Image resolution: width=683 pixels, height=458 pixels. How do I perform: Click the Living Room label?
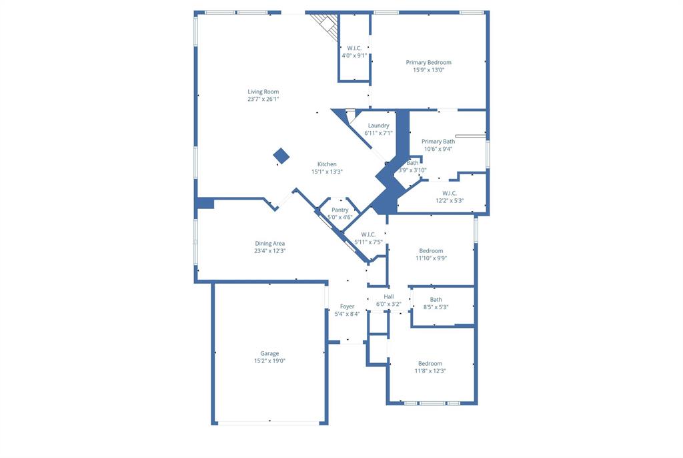pos(263,91)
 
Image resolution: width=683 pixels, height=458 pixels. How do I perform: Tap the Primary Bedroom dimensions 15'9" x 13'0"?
pos(428,69)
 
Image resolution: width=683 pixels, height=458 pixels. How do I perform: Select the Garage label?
pos(269,353)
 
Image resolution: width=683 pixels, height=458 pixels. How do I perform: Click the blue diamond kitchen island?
pos(281,156)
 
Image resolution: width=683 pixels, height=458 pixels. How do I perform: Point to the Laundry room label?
pos(378,126)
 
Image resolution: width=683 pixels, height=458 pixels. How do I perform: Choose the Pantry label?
pos(340,210)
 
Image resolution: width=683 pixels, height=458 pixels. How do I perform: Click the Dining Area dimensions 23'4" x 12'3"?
pos(269,251)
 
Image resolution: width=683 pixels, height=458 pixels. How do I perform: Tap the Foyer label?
pos(347,306)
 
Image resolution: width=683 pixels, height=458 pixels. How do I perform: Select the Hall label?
pos(389,296)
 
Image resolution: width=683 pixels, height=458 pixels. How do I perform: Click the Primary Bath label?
pos(438,142)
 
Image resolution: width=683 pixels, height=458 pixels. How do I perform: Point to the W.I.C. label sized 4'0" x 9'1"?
pos(354,48)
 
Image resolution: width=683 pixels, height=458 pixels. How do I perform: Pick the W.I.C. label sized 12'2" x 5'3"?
pos(450,193)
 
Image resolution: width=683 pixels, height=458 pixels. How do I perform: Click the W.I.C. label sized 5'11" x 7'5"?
pos(368,234)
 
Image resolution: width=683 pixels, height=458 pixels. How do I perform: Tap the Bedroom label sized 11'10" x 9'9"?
pos(430,251)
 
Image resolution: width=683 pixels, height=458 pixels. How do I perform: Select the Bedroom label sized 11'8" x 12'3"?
pos(430,363)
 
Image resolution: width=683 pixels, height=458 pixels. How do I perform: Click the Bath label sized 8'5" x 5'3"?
pos(436,300)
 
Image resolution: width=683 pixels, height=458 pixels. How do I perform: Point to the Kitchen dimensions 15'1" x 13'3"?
pos(327,172)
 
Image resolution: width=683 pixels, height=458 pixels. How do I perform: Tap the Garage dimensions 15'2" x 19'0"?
pos(269,361)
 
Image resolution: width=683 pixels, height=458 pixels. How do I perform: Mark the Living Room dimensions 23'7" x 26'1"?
pos(263,99)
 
